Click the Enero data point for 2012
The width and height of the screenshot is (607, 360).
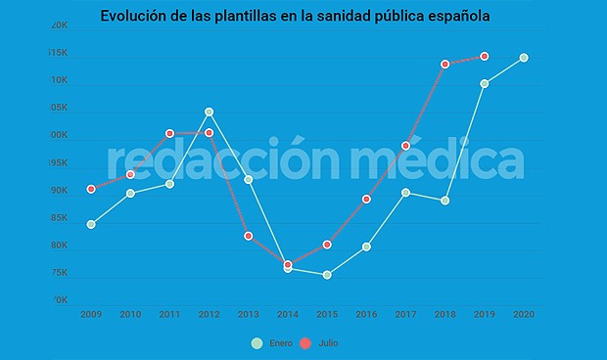pos(209,112)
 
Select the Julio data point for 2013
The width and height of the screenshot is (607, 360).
pos(248,236)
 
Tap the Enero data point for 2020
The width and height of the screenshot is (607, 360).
pos(524,58)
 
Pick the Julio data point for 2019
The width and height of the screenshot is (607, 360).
pos(485,57)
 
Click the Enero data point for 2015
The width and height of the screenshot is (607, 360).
pos(327,275)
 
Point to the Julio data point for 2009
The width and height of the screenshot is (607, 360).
pos(91,189)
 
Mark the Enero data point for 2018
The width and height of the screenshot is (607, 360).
pos(444,201)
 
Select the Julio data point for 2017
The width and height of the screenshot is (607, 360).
pos(405,146)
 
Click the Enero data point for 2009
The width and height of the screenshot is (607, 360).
pos(91,224)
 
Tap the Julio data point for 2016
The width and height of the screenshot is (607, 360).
pos(366,200)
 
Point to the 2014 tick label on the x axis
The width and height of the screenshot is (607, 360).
pos(288,314)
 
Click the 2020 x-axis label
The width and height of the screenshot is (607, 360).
pos(524,314)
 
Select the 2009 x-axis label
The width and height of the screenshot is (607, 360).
pos(91,314)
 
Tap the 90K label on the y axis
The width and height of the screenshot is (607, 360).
pos(59,191)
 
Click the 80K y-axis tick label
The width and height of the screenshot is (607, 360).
pos(59,246)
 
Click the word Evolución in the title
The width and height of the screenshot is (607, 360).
pos(138,17)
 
